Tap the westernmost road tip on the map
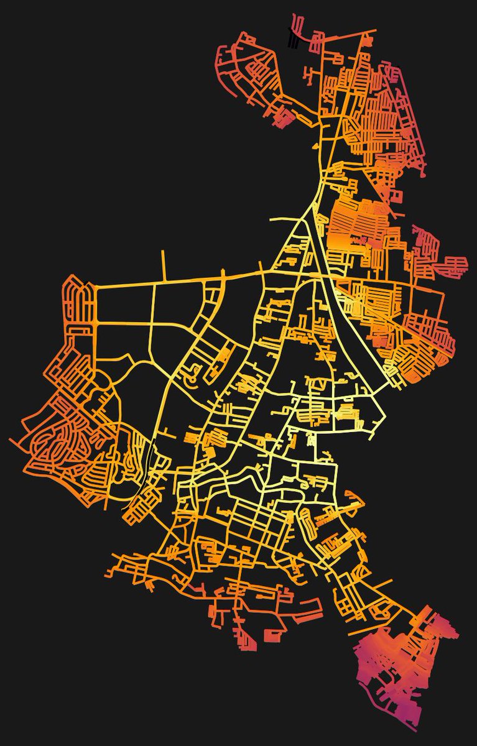[x=10, y=440]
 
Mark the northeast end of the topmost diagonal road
[x=376, y=29]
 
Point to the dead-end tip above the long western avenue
[x=164, y=251]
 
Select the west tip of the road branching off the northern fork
[x=272, y=219]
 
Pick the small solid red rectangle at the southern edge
[x=272, y=636]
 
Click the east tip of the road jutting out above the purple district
[x=392, y=581]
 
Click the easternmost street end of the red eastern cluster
[x=467, y=260]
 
